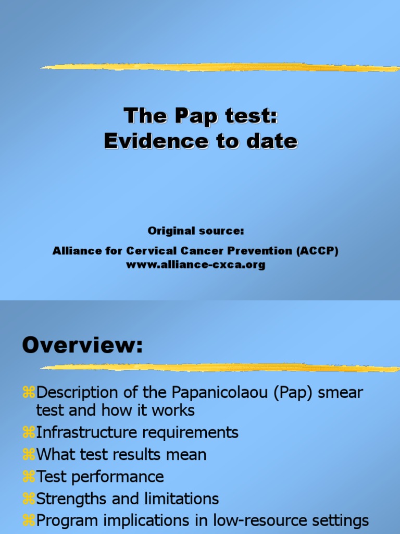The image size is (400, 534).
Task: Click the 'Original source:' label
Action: [196, 230]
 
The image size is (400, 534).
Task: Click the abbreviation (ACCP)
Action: [318, 251]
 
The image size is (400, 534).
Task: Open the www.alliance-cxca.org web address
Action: [196, 264]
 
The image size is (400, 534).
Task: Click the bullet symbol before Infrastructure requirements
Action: [28, 432]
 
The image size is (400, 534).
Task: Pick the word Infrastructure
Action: [85, 432]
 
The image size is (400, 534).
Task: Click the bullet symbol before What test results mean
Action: [28, 455]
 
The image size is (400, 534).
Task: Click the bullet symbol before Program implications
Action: [28, 521]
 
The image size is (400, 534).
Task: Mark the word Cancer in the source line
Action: [209, 251]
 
